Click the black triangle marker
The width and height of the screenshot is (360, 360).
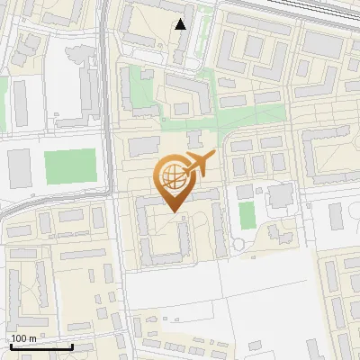pyautogui.click(x=181, y=24)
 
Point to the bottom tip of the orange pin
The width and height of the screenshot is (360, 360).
pyautogui.click(x=174, y=211)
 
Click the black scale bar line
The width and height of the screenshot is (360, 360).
pyautogui.click(x=41, y=346)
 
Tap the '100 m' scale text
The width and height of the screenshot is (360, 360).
pyautogui.click(x=23, y=338)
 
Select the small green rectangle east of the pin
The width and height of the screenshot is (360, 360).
pyautogui.click(x=247, y=214)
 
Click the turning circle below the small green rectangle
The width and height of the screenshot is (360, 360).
pyautogui.click(x=238, y=244)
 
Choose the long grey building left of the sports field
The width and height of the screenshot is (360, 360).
pyautogui.click(x=19, y=167)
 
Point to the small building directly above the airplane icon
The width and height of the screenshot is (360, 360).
pyautogui.click(x=194, y=139)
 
